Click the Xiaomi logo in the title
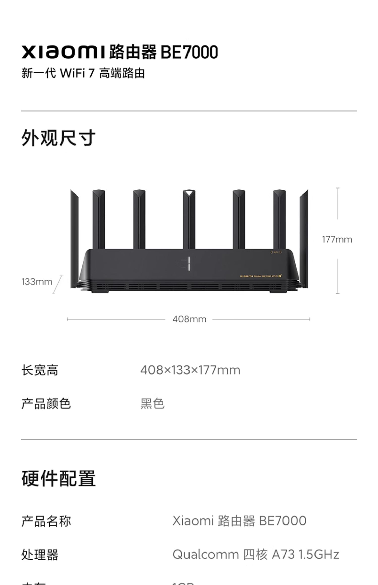[63, 52]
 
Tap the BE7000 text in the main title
[189, 52]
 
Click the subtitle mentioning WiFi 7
[83, 73]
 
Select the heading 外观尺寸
[58, 138]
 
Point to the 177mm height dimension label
[337, 239]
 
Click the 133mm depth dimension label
[37, 282]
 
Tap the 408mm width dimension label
[189, 319]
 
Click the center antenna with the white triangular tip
[189, 219]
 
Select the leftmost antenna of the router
[74, 239]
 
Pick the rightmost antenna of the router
[304, 239]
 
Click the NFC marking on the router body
[276, 252]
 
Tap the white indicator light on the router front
[189, 264]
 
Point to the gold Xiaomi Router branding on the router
[261, 276]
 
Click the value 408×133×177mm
[190, 370]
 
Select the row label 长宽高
[40, 370]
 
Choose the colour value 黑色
[152, 404]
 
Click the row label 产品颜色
[46, 404]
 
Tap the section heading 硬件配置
[58, 478]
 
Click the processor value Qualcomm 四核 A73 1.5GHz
[256, 554]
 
